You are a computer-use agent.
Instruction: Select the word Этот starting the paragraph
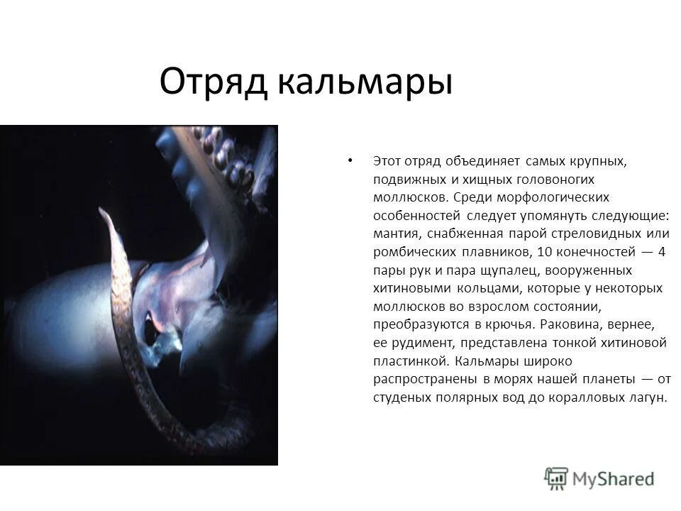tap(388, 161)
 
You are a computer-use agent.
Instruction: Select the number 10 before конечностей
tap(545, 252)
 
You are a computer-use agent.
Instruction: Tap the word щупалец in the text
tap(524, 270)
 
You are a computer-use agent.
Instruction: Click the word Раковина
tap(570, 325)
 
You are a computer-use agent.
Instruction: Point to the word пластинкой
tap(408, 361)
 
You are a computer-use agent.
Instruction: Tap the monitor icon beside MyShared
tap(557, 478)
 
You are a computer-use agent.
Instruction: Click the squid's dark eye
tap(150, 328)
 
